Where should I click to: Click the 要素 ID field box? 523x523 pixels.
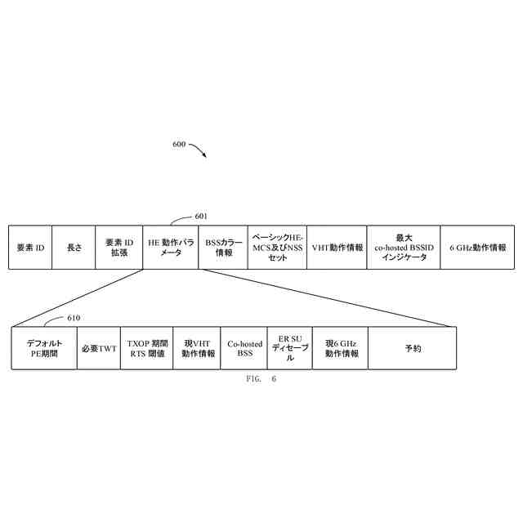click(30, 247)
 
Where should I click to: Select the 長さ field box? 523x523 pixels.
click(74, 247)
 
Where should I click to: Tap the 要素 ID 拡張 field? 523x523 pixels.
click(119, 247)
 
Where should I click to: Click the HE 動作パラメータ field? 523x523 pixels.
click(171, 247)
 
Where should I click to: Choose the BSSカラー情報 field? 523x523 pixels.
click(223, 247)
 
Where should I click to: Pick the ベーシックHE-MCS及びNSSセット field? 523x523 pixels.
click(277, 247)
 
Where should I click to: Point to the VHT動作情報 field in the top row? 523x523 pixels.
click(337, 247)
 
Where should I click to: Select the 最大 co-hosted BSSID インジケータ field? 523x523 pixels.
click(403, 247)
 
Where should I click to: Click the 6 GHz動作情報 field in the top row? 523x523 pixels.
click(477, 247)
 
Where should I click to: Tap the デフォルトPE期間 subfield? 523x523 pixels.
click(44, 348)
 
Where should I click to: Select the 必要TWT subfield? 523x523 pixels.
click(99, 348)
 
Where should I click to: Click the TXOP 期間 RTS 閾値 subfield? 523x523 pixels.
click(147, 348)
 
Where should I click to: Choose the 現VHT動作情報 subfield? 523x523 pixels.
click(196, 348)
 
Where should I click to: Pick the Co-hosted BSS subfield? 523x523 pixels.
click(244, 348)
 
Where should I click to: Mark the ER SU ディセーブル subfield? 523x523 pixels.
click(289, 348)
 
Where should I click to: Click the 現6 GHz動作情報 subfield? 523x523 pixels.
click(340, 348)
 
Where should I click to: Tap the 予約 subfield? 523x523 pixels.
click(412, 348)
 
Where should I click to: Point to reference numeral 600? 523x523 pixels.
click(179, 145)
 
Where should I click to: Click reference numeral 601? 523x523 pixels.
click(201, 217)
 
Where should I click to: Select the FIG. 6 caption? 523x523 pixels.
click(261, 379)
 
